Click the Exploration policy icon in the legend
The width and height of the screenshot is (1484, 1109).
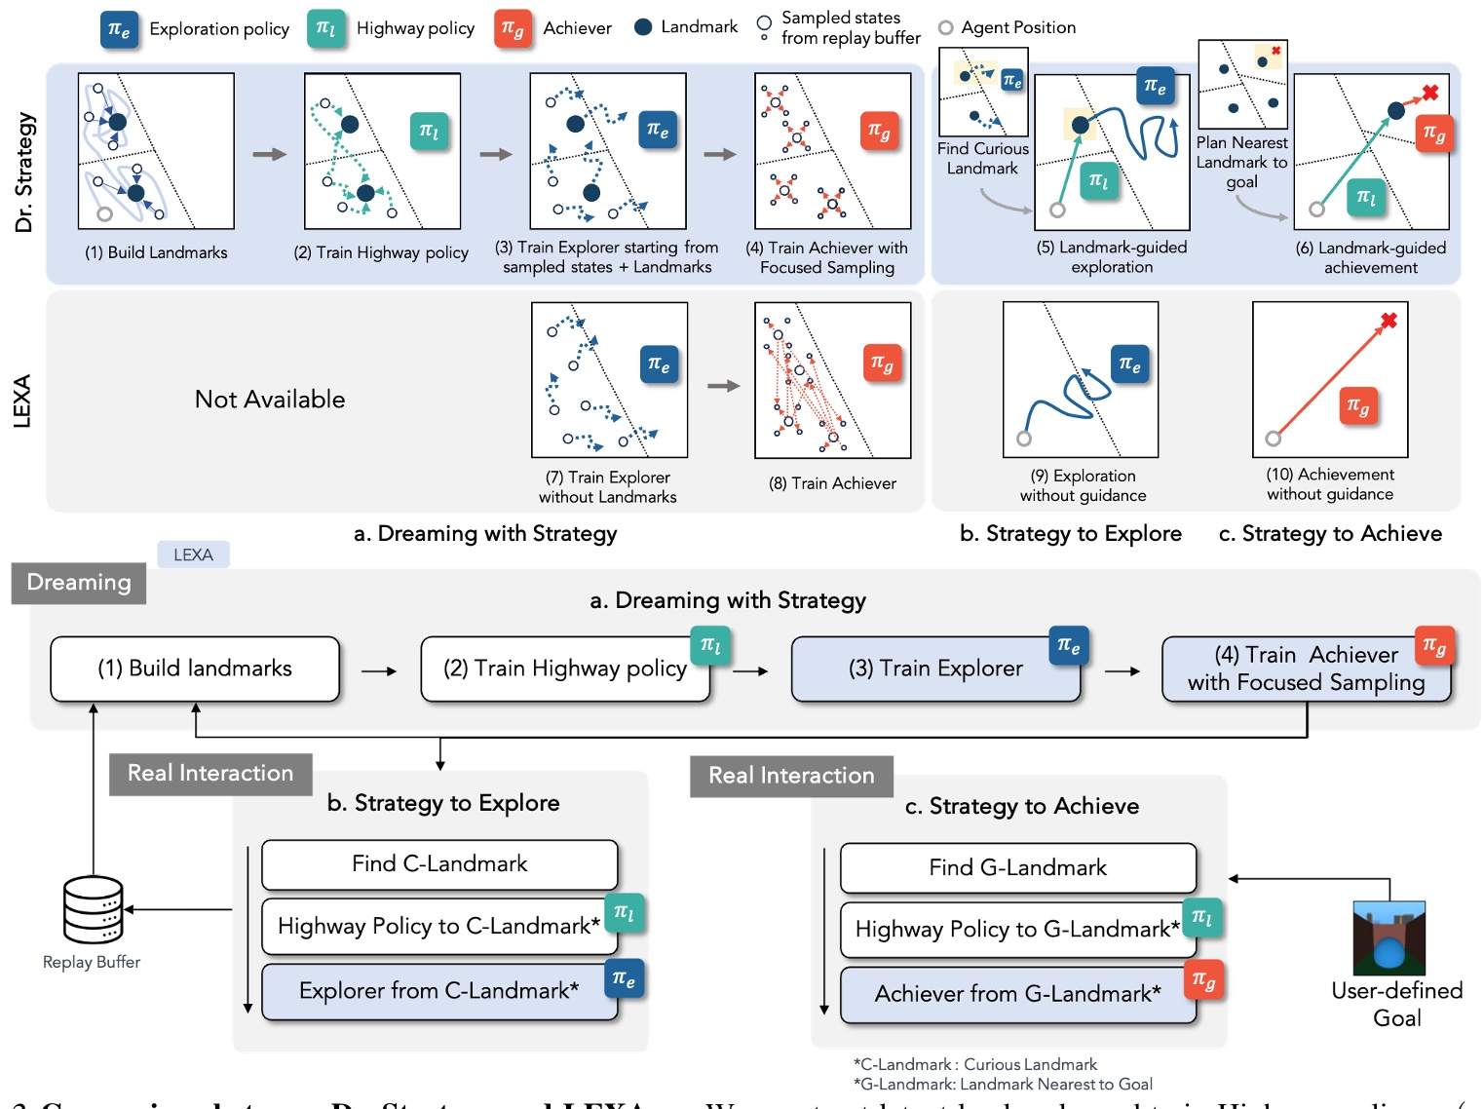119,29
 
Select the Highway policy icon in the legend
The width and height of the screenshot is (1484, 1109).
326,28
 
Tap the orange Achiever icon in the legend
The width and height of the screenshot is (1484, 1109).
513,28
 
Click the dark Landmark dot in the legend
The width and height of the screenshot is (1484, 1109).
642,27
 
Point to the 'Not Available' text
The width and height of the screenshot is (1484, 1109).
270,400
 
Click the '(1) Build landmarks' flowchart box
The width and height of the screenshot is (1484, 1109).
195,669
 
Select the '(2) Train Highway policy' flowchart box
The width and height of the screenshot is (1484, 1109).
564,669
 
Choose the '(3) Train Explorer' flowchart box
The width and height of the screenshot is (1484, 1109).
935,669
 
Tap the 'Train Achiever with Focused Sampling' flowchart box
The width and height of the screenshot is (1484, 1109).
1306,669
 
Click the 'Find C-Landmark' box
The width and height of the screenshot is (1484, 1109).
439,864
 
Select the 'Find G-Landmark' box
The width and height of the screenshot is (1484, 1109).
1017,867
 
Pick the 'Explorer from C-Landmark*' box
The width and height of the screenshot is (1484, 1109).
439,991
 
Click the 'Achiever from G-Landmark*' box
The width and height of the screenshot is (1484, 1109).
1017,994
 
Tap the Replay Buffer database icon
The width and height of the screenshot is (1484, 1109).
94,909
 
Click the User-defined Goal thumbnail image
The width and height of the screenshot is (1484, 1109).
1389,937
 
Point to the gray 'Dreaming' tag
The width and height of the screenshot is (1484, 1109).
79,583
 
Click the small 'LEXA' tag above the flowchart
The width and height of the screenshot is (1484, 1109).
193,554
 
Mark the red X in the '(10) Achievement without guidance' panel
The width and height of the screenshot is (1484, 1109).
1389,320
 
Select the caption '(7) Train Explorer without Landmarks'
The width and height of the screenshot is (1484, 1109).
608,487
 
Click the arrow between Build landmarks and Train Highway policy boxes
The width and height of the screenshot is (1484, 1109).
379,670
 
